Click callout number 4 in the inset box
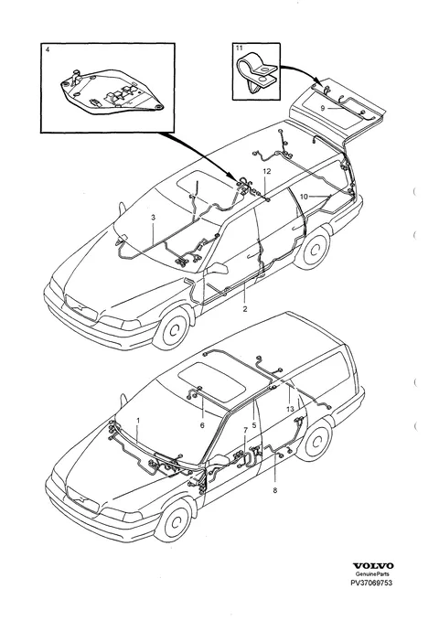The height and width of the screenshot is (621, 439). (48, 50)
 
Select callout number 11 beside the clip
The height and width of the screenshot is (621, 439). (239, 48)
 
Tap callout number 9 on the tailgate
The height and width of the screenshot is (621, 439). (323, 108)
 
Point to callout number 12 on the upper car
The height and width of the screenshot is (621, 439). (266, 171)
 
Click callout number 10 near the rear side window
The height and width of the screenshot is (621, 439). (304, 197)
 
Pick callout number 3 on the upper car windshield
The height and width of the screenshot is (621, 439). (153, 217)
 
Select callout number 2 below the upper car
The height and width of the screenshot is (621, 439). (245, 309)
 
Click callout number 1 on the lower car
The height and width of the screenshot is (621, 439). (138, 420)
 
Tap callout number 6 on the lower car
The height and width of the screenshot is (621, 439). (202, 425)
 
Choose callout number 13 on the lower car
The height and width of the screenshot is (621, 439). (290, 409)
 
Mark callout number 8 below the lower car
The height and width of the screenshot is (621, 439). (275, 491)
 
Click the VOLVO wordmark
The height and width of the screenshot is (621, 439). (373, 566)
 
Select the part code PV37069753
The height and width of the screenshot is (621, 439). (371, 583)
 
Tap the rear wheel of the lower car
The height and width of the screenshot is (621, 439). (315, 441)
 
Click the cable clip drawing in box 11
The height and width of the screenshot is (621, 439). (257, 73)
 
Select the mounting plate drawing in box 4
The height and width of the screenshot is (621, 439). (112, 92)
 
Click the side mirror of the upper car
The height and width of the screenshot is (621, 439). (217, 268)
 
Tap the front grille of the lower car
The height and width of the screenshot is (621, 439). (82, 498)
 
